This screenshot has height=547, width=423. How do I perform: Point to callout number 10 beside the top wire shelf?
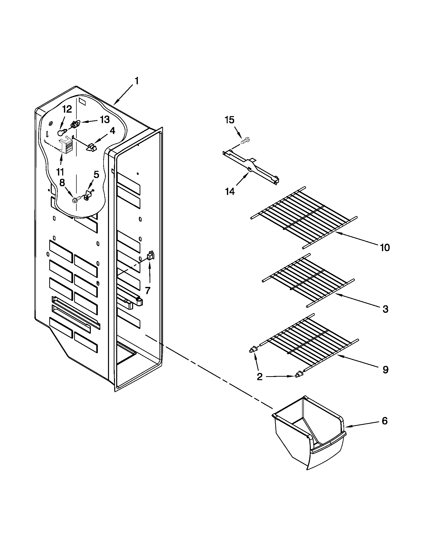point(385,247)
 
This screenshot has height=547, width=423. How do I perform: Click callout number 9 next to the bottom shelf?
point(385,369)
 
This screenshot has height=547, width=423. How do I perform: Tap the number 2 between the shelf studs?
point(260,376)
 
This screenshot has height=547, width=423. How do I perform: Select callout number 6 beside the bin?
point(385,421)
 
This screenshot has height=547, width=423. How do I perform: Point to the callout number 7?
point(148,290)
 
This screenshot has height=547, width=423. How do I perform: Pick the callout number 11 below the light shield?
point(60,172)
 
